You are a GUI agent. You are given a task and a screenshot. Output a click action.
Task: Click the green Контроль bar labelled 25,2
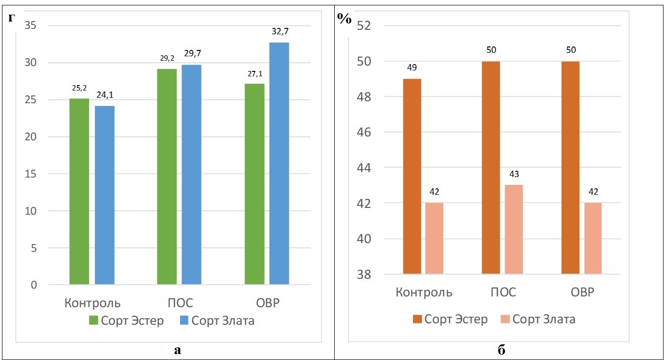click(79, 191)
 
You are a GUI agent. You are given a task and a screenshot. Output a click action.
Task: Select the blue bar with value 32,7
click(279, 163)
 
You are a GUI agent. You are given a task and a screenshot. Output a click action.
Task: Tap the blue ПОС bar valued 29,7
click(191, 174)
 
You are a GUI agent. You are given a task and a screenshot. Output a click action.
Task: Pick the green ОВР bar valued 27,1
click(254, 184)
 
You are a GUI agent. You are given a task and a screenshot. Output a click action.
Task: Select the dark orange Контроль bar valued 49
click(412, 176)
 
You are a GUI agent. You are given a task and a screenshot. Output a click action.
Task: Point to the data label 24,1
click(104, 96)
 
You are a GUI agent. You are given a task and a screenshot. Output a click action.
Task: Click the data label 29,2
click(167, 58)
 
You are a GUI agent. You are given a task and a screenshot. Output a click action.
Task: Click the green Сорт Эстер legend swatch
click(93, 321)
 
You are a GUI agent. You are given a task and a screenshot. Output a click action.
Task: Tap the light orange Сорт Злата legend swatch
click(505, 319)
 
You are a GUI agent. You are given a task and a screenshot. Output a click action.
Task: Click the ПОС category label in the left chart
click(180, 302)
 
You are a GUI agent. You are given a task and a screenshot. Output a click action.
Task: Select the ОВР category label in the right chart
click(582, 292)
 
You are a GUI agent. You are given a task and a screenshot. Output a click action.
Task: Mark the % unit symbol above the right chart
click(344, 18)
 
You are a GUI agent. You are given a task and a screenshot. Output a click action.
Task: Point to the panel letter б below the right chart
click(501, 350)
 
